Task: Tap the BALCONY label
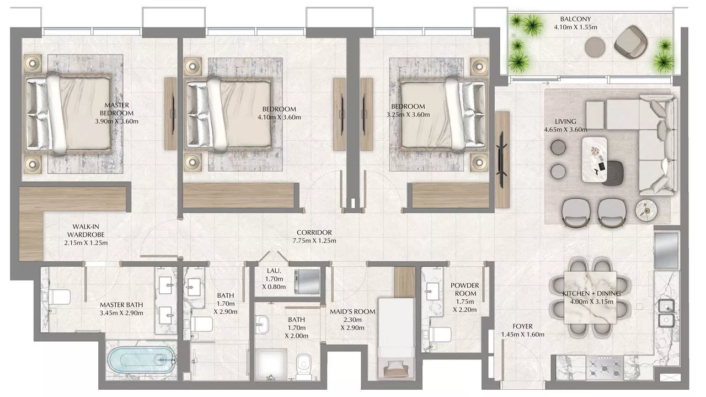[575, 19]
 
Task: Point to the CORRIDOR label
[314, 232]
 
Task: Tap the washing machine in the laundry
[307, 282]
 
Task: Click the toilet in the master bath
[56, 297]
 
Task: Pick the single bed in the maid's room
[396, 337]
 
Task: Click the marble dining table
[590, 297]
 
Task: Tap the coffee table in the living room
[595, 160]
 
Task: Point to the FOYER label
[522, 326]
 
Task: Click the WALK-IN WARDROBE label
[85, 231]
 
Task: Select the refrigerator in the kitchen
[667, 251]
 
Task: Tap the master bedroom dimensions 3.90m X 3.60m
[116, 121]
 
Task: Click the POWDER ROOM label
[464, 289]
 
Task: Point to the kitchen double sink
[666, 314]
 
